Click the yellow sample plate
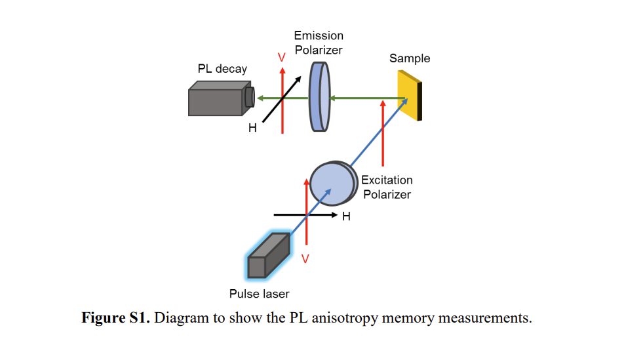[x=410, y=96]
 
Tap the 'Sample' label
[x=410, y=58]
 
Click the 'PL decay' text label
[x=222, y=69]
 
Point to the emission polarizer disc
[x=320, y=97]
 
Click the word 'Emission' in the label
[x=319, y=35]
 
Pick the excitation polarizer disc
[x=333, y=183]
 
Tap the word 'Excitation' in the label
[x=387, y=180]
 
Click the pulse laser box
[x=268, y=255]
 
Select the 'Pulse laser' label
[x=259, y=294]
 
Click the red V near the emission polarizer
[x=281, y=58]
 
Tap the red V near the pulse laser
[x=305, y=259]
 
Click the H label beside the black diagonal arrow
[x=252, y=128]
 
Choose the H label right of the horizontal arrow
[x=346, y=216]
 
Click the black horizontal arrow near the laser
[x=305, y=215]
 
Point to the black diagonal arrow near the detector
[x=282, y=99]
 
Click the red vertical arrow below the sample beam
[x=383, y=133]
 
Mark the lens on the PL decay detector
[x=250, y=97]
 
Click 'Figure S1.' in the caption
[x=115, y=318]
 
